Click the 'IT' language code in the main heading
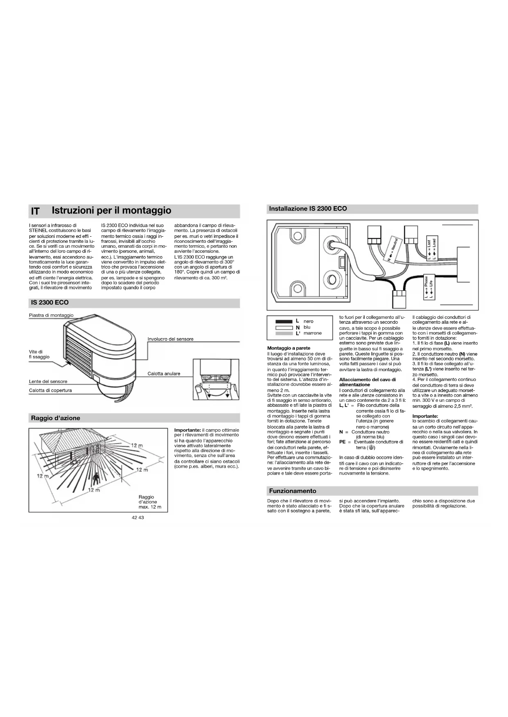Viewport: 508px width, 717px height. (36, 211)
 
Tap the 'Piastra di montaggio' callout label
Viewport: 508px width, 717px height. (51, 315)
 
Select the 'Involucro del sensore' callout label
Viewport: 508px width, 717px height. (170, 339)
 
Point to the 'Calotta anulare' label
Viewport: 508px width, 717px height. (164, 374)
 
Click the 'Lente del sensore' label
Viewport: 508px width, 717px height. (48, 381)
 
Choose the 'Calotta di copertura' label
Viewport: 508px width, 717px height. (50, 390)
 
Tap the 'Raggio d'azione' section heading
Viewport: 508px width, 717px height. (56, 418)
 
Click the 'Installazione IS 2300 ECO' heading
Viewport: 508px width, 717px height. (308, 208)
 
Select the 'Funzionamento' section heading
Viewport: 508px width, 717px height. (292, 491)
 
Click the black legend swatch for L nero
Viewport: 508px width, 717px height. (284, 321)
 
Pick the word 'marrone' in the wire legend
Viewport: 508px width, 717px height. (313, 333)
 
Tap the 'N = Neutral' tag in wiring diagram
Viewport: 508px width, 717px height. (393, 249)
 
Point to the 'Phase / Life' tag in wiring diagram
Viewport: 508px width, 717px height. (428, 287)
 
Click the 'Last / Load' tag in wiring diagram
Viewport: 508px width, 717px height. (431, 249)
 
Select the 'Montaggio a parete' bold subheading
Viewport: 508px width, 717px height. (289, 348)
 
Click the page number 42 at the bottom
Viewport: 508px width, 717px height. (134, 517)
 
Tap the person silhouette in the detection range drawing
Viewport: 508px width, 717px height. (96, 478)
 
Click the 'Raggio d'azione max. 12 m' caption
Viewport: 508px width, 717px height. (150, 502)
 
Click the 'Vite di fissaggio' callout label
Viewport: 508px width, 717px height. (39, 354)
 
